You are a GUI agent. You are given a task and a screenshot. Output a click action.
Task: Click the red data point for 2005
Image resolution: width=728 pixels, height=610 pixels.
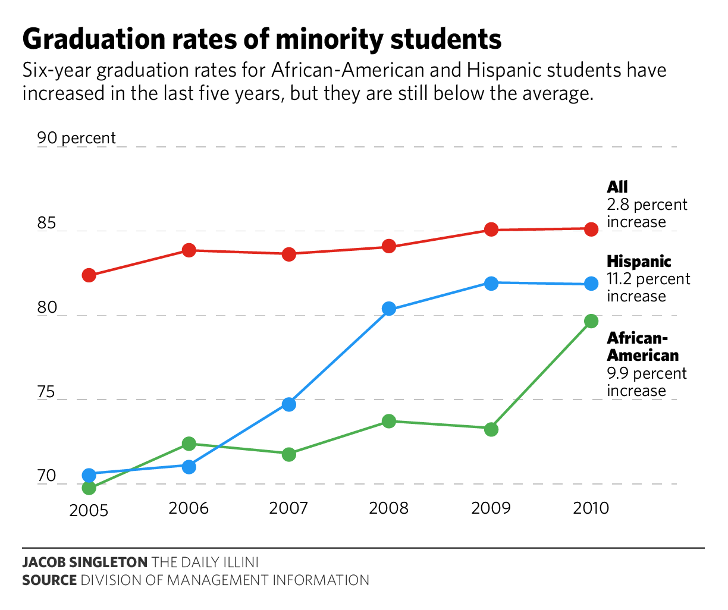click(89, 275)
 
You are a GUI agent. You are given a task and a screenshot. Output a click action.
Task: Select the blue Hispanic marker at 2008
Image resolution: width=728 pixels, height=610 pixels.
click(389, 309)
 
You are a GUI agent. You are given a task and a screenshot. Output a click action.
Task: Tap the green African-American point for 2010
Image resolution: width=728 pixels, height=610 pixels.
click(591, 321)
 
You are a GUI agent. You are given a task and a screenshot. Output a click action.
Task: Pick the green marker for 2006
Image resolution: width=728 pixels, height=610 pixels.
click(189, 444)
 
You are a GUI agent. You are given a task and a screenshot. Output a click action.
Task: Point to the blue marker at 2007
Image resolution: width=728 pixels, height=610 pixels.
click(289, 404)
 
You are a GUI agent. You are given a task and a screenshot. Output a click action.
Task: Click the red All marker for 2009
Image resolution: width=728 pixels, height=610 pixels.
click(491, 229)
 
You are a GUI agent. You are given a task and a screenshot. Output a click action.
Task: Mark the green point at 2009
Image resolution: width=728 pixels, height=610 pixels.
click(491, 429)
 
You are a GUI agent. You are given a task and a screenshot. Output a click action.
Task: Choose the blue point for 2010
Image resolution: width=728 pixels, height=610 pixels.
click(591, 284)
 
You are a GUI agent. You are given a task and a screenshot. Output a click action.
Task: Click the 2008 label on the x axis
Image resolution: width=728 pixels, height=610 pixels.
click(389, 509)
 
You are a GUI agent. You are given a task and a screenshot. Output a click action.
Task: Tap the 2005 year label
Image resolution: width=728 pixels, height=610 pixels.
click(89, 511)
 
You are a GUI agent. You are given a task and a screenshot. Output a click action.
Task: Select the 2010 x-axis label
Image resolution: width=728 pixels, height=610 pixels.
click(591, 509)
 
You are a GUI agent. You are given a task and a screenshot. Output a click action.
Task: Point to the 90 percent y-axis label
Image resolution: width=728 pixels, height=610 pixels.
click(77, 139)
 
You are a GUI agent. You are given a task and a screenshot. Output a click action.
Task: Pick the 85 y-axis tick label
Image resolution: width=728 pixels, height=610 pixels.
click(46, 224)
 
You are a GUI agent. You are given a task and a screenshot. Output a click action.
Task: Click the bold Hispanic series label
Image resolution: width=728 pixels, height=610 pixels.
click(639, 262)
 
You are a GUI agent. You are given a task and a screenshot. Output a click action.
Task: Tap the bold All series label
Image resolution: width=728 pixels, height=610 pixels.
click(617, 187)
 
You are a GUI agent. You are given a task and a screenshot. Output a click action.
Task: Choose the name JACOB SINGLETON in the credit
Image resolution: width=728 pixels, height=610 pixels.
click(85, 562)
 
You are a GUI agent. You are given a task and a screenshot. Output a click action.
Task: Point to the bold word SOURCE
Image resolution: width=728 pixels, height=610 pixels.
click(49, 580)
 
